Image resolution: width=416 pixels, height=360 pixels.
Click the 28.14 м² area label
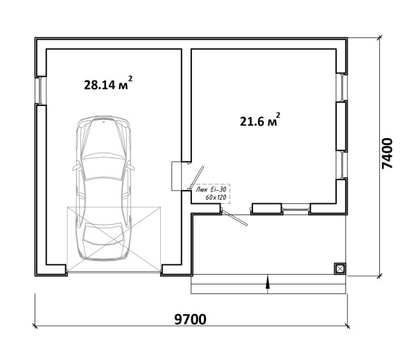[108, 84]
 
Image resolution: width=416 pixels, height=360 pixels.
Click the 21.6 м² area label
[260, 120]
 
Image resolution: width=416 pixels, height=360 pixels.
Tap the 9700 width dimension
[190, 319]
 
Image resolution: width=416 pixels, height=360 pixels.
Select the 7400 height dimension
[387, 153]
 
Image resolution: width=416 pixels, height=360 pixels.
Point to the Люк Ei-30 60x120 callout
[211, 194]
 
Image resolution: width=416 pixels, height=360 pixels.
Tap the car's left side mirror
[76, 167]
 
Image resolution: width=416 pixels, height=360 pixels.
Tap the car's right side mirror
[130, 167]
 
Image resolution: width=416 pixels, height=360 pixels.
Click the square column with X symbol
[340, 269]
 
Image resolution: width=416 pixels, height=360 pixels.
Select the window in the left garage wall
[40, 90]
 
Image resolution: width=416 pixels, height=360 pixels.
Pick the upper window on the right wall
[343, 87]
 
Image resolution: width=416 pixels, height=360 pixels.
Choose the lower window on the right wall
[343, 164]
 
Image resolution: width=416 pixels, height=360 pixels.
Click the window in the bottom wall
[295, 209]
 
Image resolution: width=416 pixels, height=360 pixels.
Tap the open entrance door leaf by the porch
[234, 218]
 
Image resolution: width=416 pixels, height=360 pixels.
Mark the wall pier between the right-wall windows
[342, 126]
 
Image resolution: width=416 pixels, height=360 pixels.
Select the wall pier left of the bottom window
[266, 209]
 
